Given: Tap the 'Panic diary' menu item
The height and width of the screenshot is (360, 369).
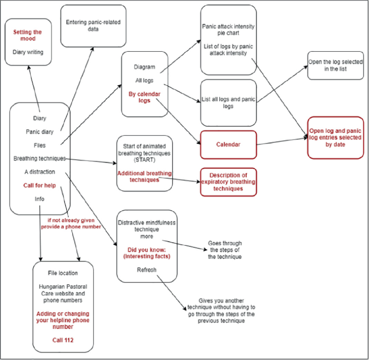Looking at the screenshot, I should pyautogui.click(x=39, y=131).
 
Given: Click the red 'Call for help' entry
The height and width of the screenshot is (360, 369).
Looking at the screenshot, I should pyautogui.click(x=39, y=185).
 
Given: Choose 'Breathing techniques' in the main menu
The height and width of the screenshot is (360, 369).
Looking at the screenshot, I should pyautogui.click(x=39, y=158).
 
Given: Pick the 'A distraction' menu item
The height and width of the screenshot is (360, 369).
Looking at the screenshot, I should pyautogui.click(x=39, y=172).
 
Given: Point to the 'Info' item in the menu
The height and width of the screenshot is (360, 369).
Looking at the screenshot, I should pyautogui.click(x=39, y=199).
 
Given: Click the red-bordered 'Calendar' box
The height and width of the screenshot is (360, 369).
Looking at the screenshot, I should pyautogui.click(x=228, y=144).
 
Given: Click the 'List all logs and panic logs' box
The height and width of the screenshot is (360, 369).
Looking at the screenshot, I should pyautogui.click(x=228, y=103).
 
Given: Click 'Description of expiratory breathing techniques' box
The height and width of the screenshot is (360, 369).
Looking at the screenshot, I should pyautogui.click(x=228, y=182).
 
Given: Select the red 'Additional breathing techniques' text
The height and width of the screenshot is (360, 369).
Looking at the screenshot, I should pyautogui.click(x=144, y=176).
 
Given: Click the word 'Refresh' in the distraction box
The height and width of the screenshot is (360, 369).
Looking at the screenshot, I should pyautogui.click(x=146, y=269).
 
